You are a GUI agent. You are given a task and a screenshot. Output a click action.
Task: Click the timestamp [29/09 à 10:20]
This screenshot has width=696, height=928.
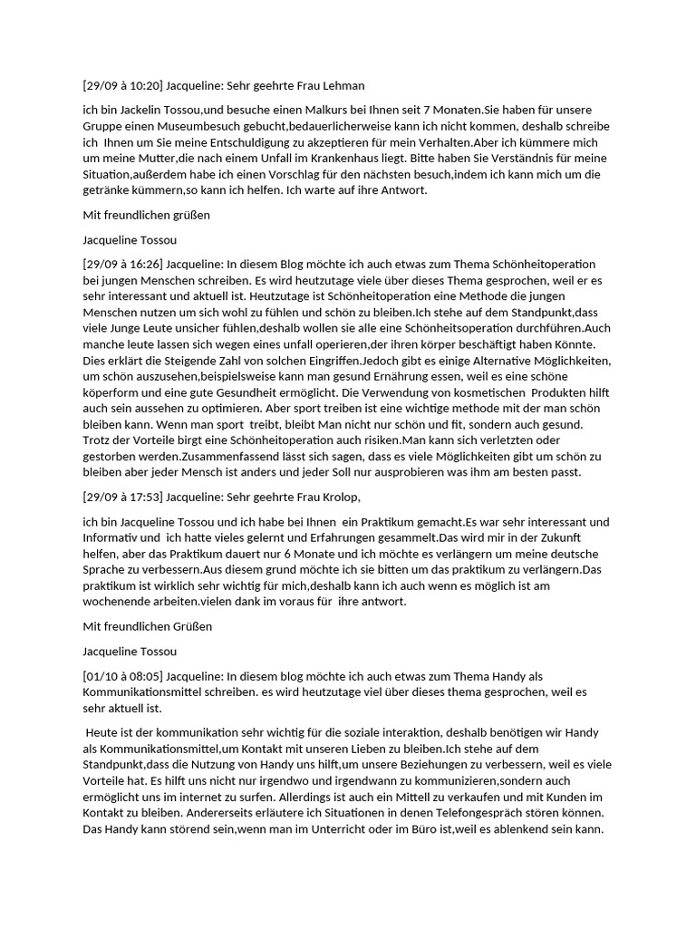tap(122, 86)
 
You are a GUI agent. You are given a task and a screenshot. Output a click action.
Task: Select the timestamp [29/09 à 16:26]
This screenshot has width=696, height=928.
tap(122, 264)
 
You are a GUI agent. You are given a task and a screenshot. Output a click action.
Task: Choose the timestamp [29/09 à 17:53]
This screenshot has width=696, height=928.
tap(122, 497)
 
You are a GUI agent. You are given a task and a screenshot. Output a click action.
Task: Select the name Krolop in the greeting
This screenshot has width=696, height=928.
tap(340, 497)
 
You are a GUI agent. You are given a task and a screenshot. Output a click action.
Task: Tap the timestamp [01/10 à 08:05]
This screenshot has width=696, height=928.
tap(122, 676)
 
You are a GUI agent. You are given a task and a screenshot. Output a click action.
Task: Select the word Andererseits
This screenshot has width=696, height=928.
tap(126, 815)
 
